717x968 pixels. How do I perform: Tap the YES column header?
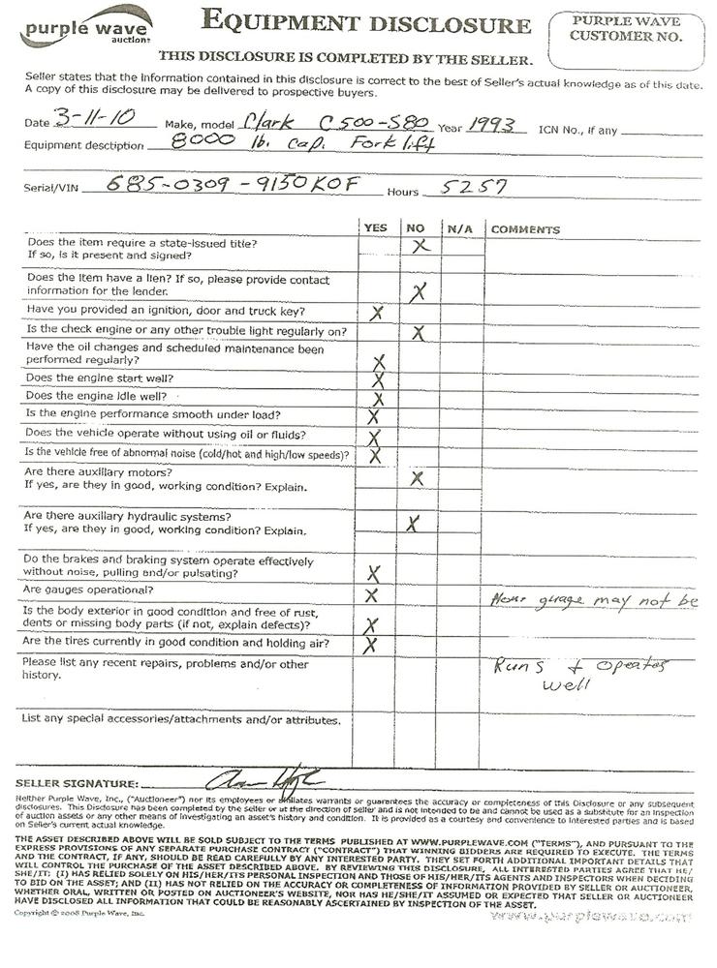coord(375,229)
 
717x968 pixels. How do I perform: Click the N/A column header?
coord(458,229)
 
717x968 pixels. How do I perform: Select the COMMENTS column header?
coord(525,230)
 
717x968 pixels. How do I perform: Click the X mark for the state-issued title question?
coord(420,247)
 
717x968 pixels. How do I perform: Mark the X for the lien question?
coord(418,290)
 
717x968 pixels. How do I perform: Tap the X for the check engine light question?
coord(419,333)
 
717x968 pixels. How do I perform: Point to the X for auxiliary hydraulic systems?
coord(413,524)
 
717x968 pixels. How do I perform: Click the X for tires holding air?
coord(369,645)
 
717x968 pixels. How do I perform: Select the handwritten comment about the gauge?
coord(593,601)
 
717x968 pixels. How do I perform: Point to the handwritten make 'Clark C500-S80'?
coord(326,126)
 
